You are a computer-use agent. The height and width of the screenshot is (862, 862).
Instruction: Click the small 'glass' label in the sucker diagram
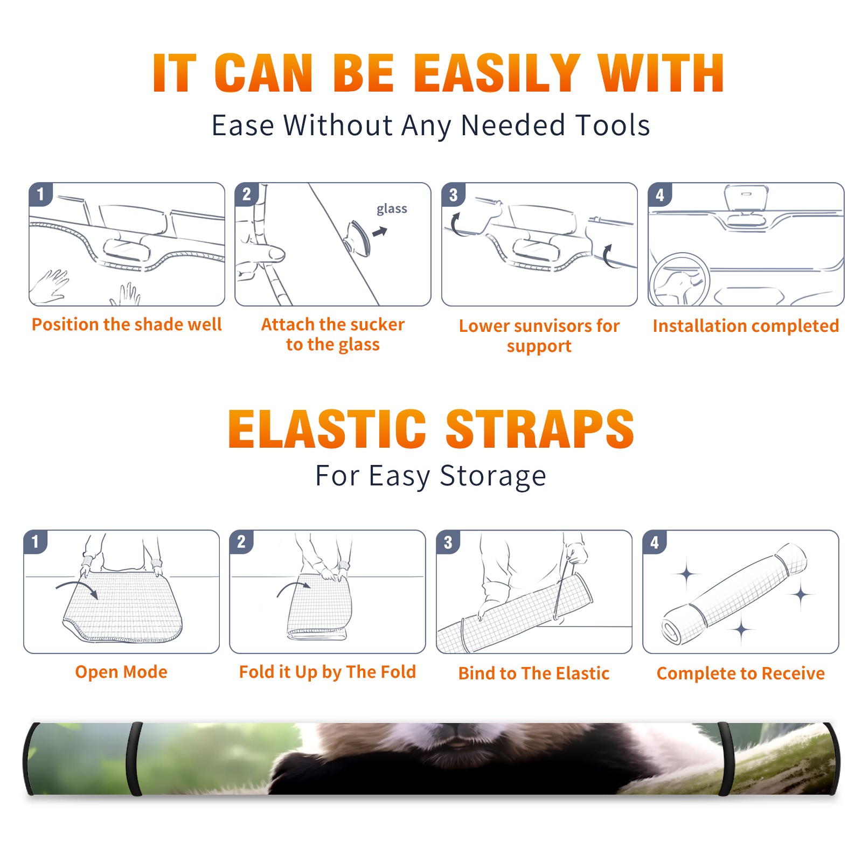pyautogui.click(x=392, y=209)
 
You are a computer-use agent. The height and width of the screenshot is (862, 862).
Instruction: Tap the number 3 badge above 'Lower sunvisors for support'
pyautogui.click(x=453, y=194)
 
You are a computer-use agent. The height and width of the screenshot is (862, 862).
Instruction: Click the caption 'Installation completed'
pyautogui.click(x=746, y=325)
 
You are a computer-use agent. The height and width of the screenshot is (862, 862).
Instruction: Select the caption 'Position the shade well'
pyautogui.click(x=127, y=324)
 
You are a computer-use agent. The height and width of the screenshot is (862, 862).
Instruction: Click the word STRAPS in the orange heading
pyautogui.click(x=540, y=429)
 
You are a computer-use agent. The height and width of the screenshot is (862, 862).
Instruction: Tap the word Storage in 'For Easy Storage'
pyautogui.click(x=493, y=477)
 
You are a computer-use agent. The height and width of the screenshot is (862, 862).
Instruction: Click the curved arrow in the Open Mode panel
pyautogui.click(x=78, y=588)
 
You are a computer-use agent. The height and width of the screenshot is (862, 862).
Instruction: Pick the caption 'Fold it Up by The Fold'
pyautogui.click(x=328, y=672)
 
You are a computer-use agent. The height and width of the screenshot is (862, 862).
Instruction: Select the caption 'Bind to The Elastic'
pyautogui.click(x=534, y=673)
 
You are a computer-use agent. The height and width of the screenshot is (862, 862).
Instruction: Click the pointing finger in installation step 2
pyautogui.click(x=264, y=254)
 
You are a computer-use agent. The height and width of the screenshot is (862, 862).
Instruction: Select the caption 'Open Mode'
pyautogui.click(x=121, y=672)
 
